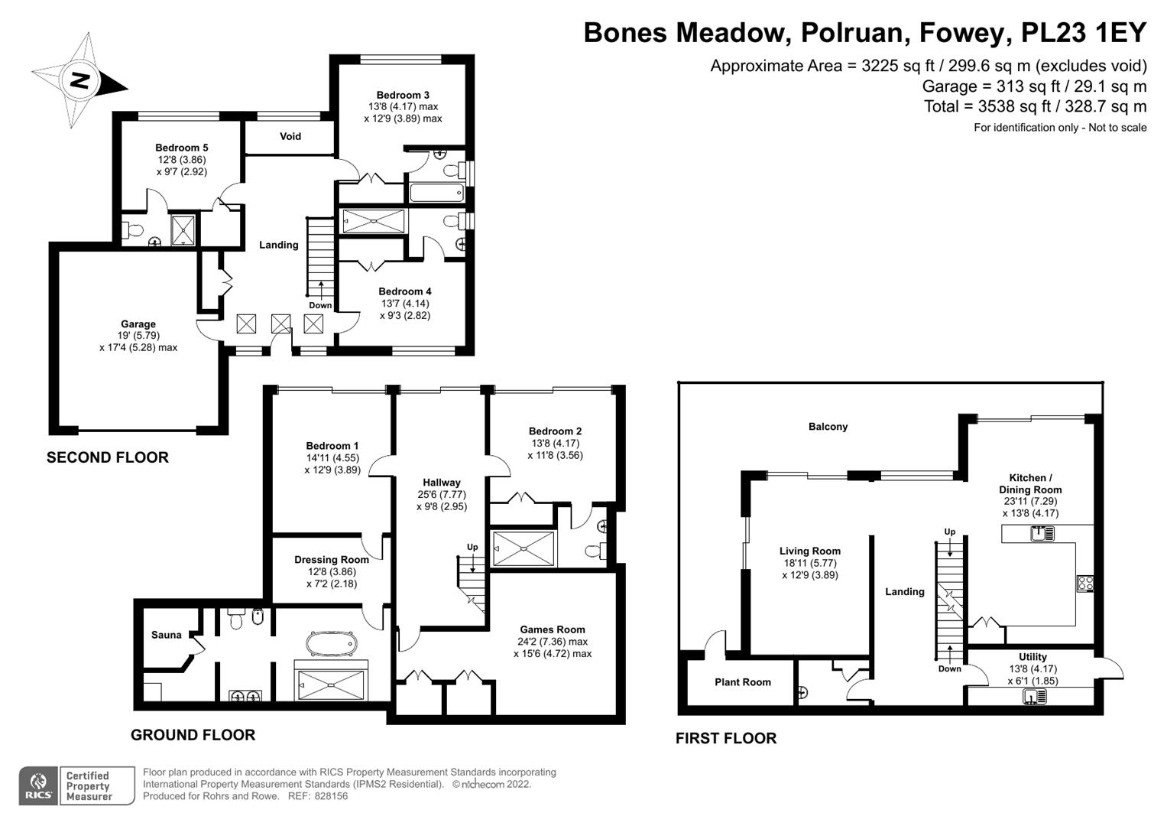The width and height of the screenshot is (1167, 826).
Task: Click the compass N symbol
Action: point(80,80)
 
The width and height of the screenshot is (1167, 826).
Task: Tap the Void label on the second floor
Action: point(290,136)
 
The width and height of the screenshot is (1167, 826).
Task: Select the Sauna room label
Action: point(166,635)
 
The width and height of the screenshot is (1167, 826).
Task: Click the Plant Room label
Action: point(742,682)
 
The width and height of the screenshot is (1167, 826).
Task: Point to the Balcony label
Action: point(828,427)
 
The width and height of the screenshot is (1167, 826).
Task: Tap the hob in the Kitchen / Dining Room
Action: point(1085,583)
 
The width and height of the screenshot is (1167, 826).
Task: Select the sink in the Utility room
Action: point(1034,696)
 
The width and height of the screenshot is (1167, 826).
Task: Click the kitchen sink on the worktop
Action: point(1042,534)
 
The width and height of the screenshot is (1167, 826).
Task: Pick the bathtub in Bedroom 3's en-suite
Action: point(436,193)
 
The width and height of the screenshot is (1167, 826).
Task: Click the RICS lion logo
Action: point(38,785)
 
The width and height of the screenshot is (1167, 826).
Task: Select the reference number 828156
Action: point(331,796)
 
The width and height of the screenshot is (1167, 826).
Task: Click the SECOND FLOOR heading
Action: point(108,457)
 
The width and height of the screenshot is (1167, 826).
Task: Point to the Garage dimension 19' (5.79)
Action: point(138,336)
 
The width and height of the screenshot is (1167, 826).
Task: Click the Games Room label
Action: point(553,629)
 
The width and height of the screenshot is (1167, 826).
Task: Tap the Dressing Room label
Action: point(332,560)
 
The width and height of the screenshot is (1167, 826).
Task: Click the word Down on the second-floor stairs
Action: point(320,305)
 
